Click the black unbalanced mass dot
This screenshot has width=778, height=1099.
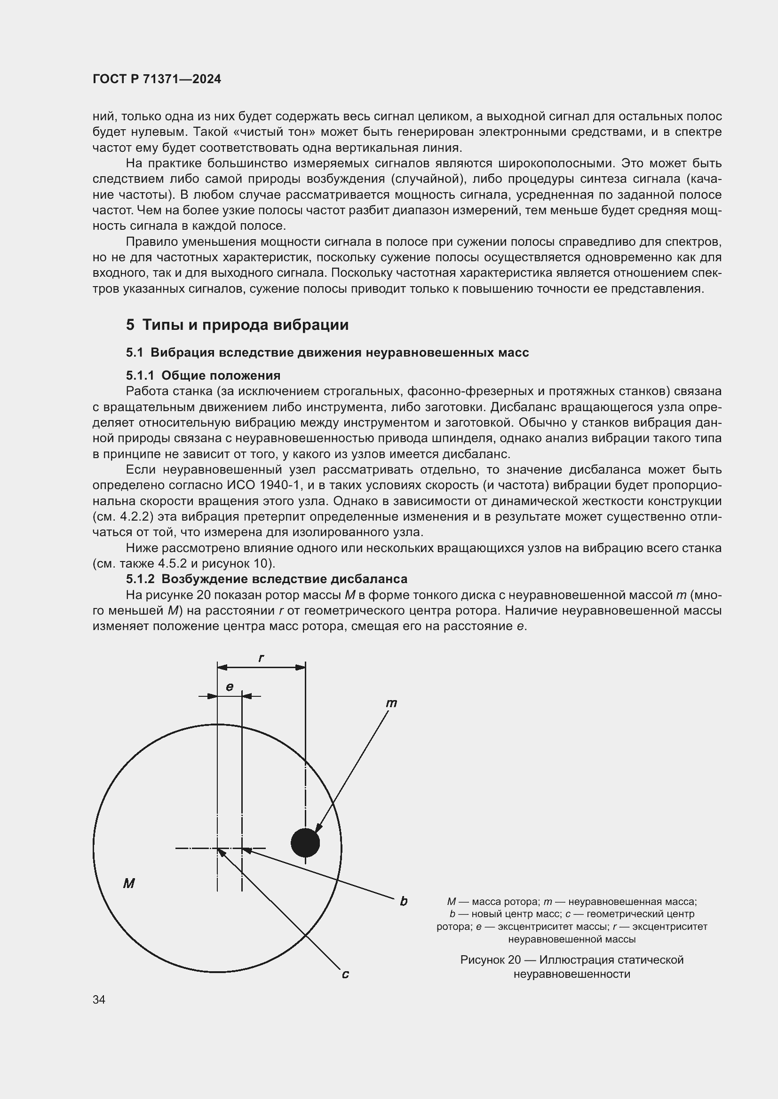pyautogui.click(x=305, y=842)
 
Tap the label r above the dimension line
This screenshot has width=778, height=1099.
pyautogui.click(x=261, y=658)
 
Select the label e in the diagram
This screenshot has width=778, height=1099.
pyautogui.click(x=230, y=687)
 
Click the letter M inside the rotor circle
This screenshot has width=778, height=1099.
pyautogui.click(x=129, y=883)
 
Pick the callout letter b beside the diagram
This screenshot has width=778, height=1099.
pyautogui.click(x=404, y=901)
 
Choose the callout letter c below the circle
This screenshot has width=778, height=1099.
pyautogui.click(x=345, y=974)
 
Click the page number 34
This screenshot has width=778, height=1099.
pyautogui.click(x=99, y=1000)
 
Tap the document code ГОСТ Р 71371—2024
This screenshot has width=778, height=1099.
pyautogui.click(x=157, y=79)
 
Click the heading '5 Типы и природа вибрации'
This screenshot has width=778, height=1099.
pyautogui.click(x=237, y=325)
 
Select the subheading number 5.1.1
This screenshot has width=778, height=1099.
pyautogui.click(x=140, y=375)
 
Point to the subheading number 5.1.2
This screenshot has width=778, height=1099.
pyautogui.click(x=140, y=579)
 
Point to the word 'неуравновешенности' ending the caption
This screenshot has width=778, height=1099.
pyautogui.click(x=572, y=974)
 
